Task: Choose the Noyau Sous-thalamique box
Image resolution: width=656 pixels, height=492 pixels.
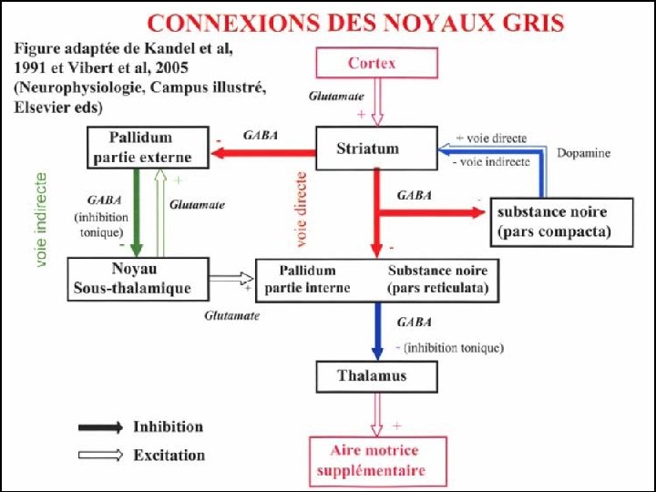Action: tap(138, 278)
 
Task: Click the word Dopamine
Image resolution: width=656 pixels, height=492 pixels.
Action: tap(582, 153)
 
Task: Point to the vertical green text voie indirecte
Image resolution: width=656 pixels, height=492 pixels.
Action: tap(42, 221)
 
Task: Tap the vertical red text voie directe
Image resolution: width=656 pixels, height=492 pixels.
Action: tap(302, 210)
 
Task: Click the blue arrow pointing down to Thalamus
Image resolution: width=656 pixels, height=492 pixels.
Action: tap(375, 331)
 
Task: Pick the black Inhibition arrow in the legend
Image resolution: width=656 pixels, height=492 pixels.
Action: tap(100, 427)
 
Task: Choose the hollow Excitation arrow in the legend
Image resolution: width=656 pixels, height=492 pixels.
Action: tap(100, 455)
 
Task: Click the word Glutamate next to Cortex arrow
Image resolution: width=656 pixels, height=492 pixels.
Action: tap(335, 95)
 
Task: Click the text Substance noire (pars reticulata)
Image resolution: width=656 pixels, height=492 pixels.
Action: tap(438, 280)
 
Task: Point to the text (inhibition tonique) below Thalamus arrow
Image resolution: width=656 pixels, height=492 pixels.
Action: tap(453, 347)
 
